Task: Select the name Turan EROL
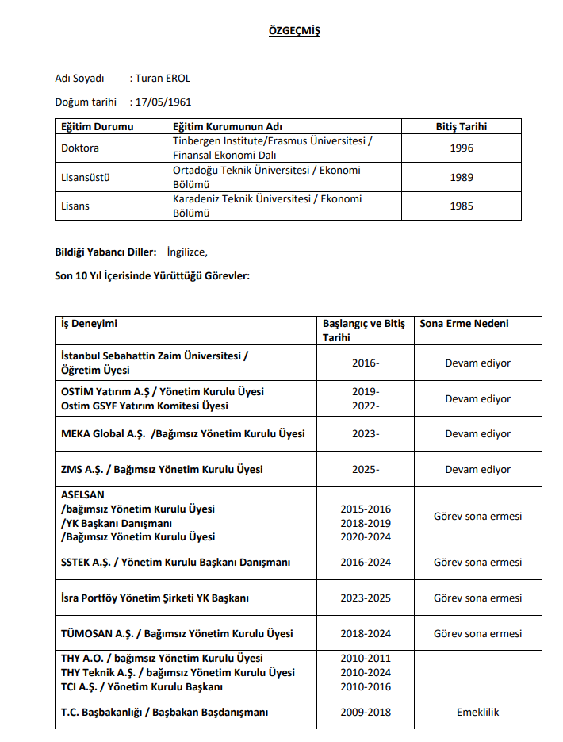pyautogui.click(x=163, y=78)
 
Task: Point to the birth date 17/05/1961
pyautogui.click(x=163, y=102)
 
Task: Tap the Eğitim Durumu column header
pyautogui.click(x=98, y=126)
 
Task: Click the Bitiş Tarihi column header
pyautogui.click(x=462, y=126)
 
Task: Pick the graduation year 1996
pyautogui.click(x=462, y=148)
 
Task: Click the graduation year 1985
pyautogui.click(x=462, y=206)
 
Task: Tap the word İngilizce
pyautogui.click(x=187, y=252)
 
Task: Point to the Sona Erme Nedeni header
pyautogui.click(x=464, y=324)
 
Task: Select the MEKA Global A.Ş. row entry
pyautogui.click(x=182, y=434)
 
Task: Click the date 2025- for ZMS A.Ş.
pyautogui.click(x=366, y=470)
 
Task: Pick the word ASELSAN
pyautogui.click(x=82, y=494)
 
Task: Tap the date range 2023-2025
pyautogui.click(x=366, y=598)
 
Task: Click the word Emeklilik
pyautogui.click(x=477, y=712)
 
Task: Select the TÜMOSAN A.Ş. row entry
pyautogui.click(x=177, y=633)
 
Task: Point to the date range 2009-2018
pyautogui.click(x=366, y=712)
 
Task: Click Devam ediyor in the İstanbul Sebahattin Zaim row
pyautogui.click(x=477, y=363)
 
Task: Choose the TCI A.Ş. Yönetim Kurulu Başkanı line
pyautogui.click(x=142, y=686)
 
